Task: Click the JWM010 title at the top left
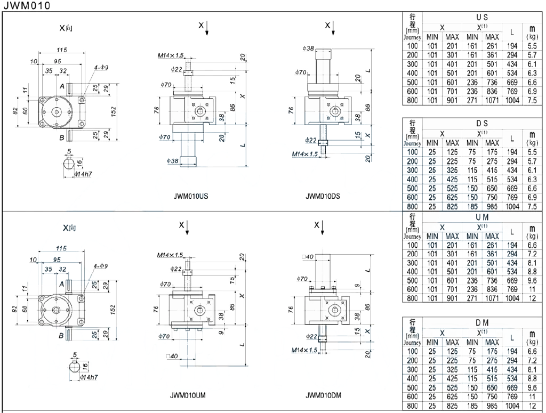(x=27, y=5)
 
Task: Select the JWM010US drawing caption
(x=191, y=196)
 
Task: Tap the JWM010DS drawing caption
(x=323, y=196)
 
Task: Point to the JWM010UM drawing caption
(x=188, y=395)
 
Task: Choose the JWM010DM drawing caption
(x=324, y=395)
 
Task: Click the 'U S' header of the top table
(x=482, y=17)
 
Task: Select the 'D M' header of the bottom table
(x=482, y=323)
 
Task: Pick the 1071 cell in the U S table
(x=492, y=101)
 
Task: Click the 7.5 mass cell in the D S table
(x=532, y=206)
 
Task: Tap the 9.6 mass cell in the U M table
(x=532, y=280)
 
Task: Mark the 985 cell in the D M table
(x=492, y=406)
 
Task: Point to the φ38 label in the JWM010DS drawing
(x=308, y=48)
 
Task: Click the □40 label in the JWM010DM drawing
(x=308, y=257)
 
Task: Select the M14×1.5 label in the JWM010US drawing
(x=170, y=55)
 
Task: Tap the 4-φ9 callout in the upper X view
(x=101, y=68)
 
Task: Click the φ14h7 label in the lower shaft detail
(x=89, y=377)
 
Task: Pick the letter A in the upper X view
(x=62, y=86)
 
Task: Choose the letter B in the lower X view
(x=61, y=336)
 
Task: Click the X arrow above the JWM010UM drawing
(x=187, y=228)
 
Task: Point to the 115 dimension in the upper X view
(x=62, y=50)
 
